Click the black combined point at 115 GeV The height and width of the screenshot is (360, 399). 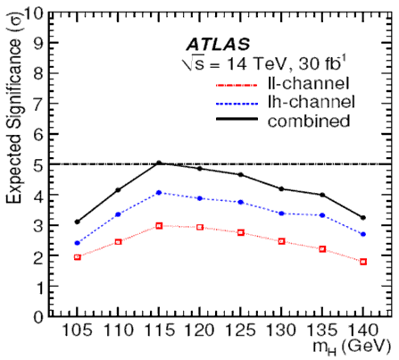point(159,163)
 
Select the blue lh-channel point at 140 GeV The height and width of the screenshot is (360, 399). point(363,234)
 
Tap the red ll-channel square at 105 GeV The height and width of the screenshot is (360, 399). point(78,257)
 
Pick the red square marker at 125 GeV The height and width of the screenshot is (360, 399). point(241,232)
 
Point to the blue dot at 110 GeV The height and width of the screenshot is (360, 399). point(118,214)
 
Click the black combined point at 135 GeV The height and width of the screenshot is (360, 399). point(322,195)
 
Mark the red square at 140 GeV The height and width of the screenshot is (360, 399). point(363,262)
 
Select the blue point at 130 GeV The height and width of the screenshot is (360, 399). point(281,213)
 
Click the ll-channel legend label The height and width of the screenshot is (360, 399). point(308,83)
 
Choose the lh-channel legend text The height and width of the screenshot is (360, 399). point(312,102)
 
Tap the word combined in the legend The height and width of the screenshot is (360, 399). point(309,121)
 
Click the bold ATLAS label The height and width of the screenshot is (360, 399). point(218,45)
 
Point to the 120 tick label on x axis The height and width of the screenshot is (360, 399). point(200,331)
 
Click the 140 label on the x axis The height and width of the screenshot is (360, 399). point(363,331)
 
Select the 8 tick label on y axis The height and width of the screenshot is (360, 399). point(38,73)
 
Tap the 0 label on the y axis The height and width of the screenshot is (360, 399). point(38,317)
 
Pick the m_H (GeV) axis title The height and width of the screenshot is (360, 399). point(351,347)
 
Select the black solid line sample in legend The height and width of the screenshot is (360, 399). point(237,119)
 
